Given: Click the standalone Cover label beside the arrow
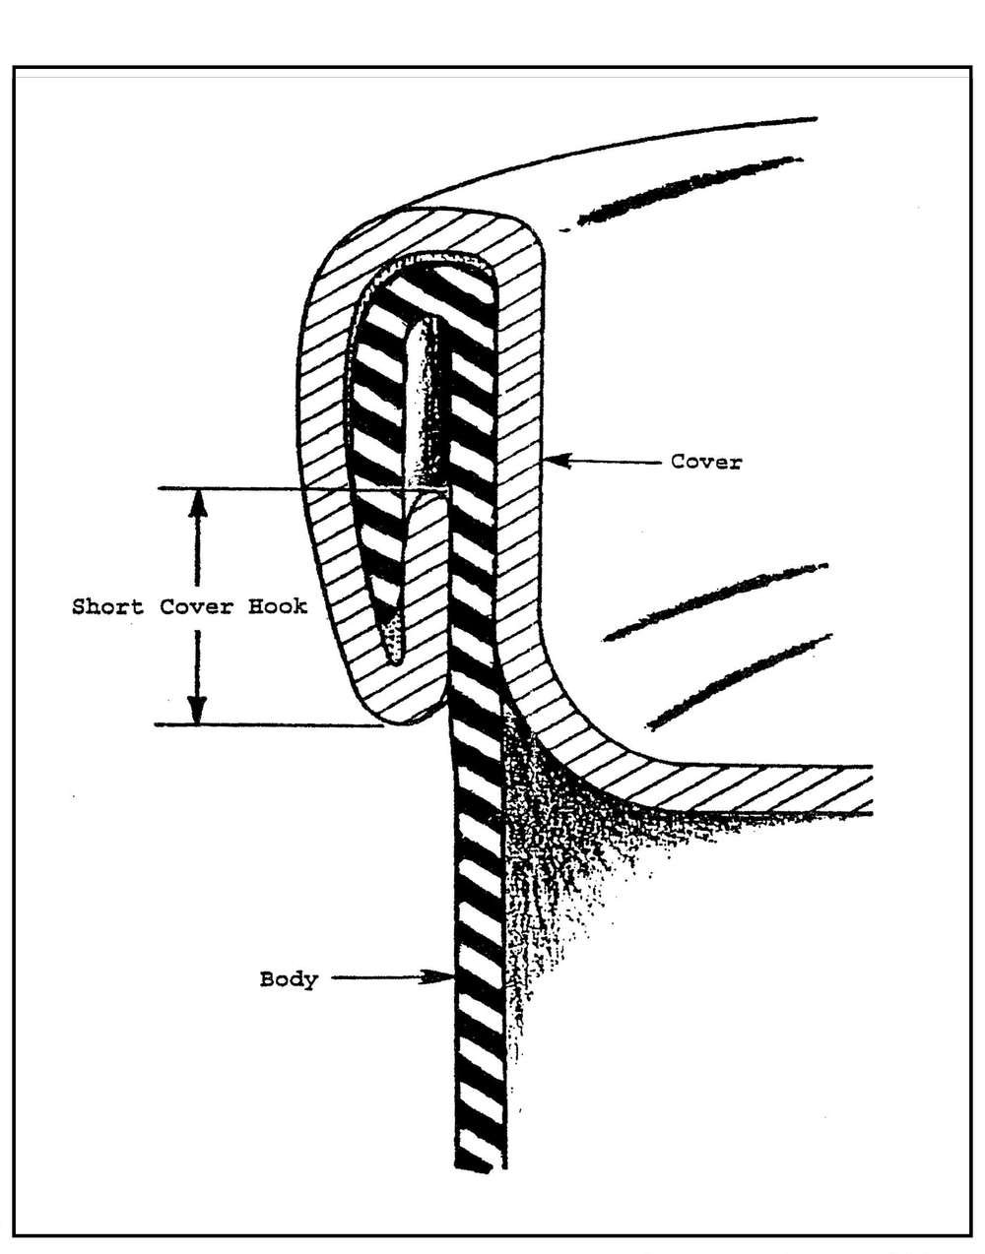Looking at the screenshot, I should [x=705, y=461].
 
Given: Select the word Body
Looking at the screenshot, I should [x=289, y=979].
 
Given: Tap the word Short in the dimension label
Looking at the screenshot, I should [x=106, y=606].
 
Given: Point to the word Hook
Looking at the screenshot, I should [x=277, y=606].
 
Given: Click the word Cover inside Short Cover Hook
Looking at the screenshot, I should [x=196, y=606].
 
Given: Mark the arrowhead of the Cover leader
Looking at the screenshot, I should [x=553, y=459].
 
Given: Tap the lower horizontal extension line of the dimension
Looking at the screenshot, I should [x=266, y=725].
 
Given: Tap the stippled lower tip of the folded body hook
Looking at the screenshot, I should [x=394, y=645].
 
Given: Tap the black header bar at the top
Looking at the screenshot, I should [x=492, y=34].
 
